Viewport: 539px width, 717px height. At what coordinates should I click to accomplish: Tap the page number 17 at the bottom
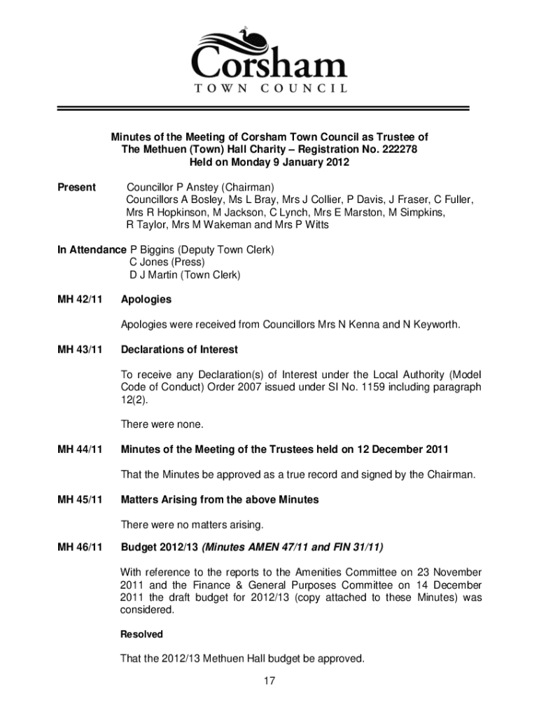[x=269, y=681]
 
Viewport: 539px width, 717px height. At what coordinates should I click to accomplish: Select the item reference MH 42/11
[x=80, y=300]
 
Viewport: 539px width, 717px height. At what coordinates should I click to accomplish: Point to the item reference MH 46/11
[x=80, y=546]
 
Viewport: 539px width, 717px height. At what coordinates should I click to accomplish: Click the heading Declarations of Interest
[x=179, y=349]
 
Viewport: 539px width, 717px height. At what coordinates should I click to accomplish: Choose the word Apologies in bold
[x=146, y=300]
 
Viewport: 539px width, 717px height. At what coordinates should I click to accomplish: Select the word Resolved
[x=141, y=634]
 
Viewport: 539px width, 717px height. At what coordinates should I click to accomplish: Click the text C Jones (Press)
[x=167, y=263]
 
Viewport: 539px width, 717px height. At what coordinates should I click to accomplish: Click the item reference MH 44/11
[x=80, y=449]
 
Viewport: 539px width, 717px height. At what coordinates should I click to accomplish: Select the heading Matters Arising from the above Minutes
[x=220, y=500]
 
